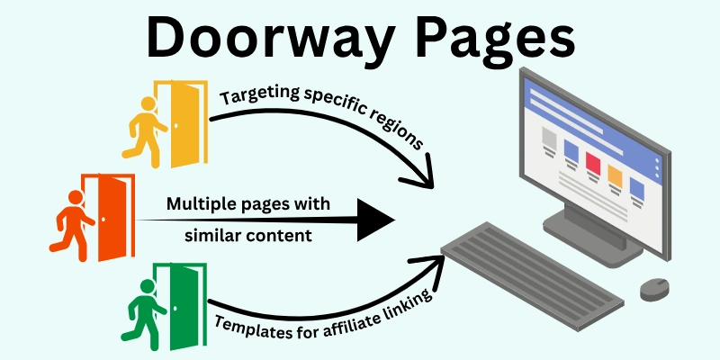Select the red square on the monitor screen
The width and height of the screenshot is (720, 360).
593,163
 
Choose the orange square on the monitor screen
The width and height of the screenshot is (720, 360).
616,175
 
